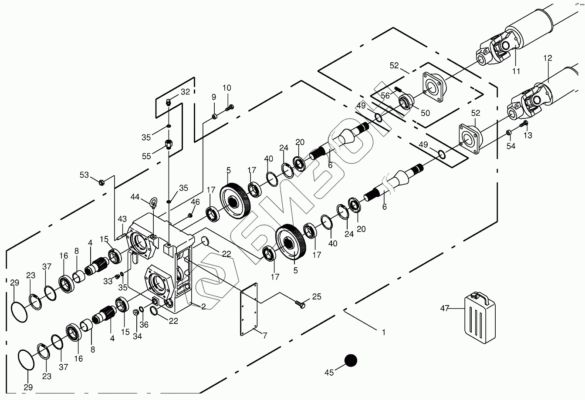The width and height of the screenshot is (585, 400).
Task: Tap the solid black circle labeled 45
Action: (351, 360)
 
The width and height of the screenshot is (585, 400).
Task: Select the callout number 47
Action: (444, 309)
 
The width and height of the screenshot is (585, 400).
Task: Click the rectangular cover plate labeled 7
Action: (249, 309)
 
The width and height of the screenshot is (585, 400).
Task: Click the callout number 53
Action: (84, 175)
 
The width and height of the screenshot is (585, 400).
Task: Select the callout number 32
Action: (186, 92)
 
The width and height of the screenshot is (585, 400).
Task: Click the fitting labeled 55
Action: (169, 144)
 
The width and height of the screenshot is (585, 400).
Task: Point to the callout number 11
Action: (516, 71)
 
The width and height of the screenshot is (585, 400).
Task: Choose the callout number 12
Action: (548, 57)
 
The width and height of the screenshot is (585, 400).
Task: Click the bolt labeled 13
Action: (524, 124)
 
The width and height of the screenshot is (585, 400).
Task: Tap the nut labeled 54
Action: (508, 132)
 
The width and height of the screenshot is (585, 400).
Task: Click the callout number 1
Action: (383, 332)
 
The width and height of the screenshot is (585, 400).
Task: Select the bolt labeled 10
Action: (230, 107)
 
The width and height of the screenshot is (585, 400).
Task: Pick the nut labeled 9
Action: (215, 116)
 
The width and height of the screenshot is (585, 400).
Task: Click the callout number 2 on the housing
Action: (203, 306)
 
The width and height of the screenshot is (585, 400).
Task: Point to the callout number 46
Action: (195, 202)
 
